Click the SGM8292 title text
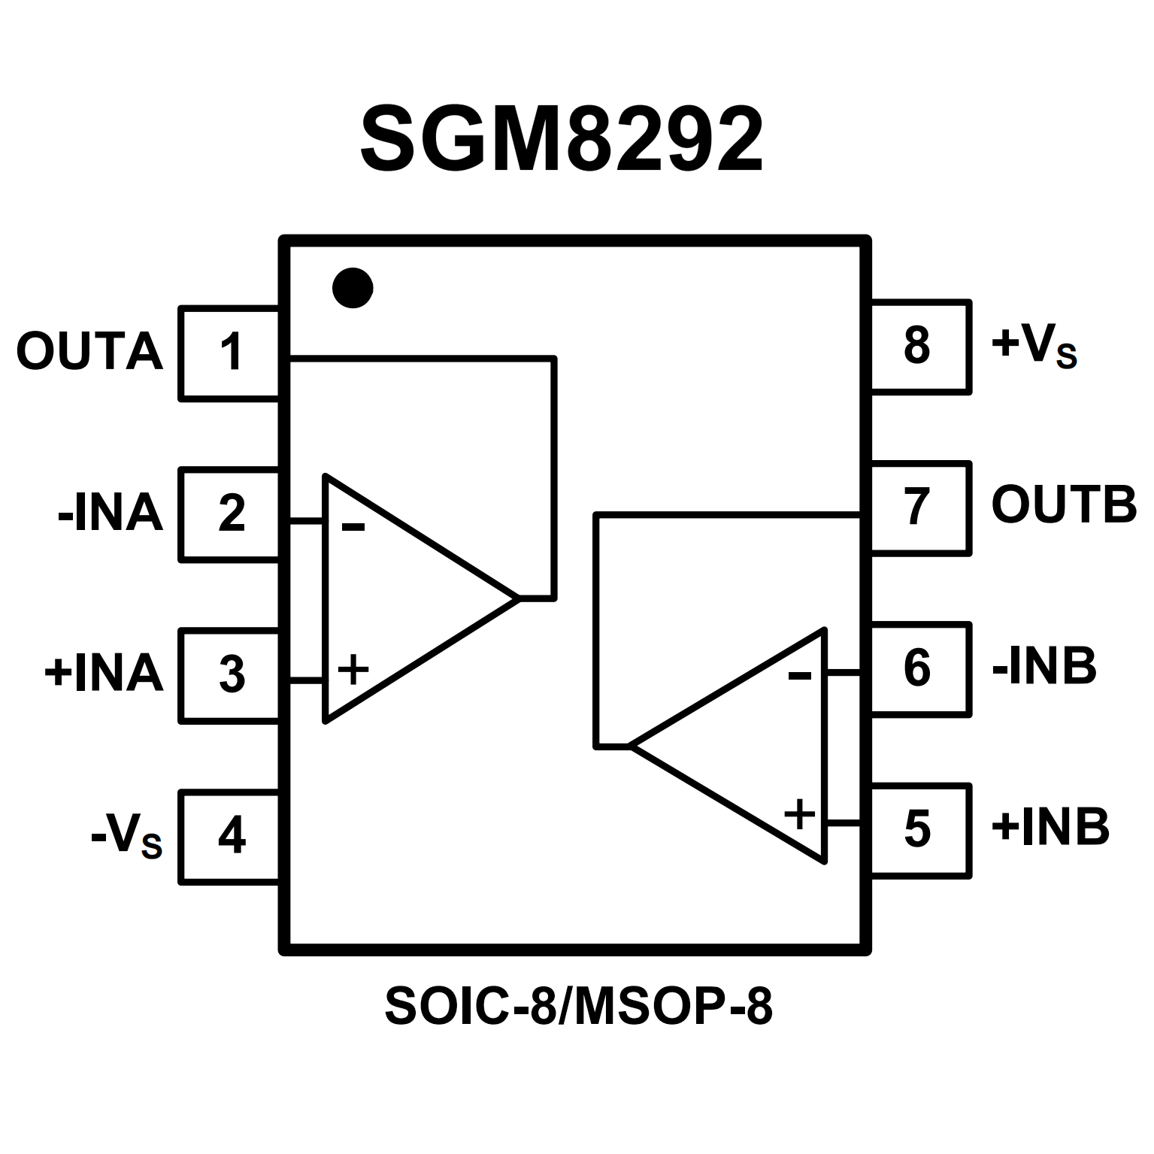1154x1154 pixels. click(562, 138)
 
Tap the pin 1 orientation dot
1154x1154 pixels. click(353, 287)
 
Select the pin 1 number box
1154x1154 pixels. click(230, 353)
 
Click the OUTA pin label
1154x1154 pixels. click(89, 352)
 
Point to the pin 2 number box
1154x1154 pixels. click(230, 514)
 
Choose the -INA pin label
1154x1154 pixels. click(111, 513)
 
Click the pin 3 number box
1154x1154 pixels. click(230, 674)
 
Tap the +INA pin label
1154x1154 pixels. click(104, 673)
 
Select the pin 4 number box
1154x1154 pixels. click(230, 835)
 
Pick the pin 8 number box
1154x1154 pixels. click(919, 347)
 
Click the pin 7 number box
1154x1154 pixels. click(919, 507)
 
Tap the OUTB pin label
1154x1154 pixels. click(1063, 505)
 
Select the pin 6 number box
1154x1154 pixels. click(919, 668)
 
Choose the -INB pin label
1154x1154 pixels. click(1043, 666)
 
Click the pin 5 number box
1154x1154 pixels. click(919, 829)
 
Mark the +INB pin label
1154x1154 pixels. click(1050, 828)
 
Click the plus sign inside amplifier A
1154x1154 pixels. click(353, 668)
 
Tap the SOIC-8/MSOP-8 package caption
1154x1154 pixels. click(578, 1007)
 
